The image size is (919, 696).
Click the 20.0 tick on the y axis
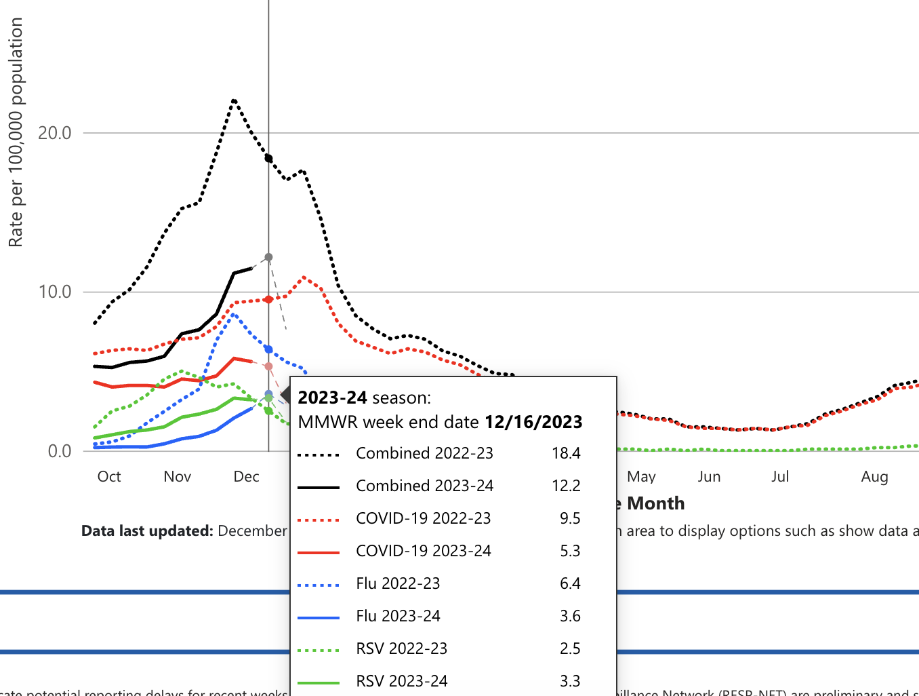[x=54, y=133]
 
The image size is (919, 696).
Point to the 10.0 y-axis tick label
[x=54, y=292]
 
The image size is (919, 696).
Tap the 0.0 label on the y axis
[x=59, y=451]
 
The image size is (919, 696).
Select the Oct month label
[x=109, y=477]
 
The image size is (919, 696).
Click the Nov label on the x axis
[x=178, y=477]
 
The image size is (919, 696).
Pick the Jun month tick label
[x=709, y=477]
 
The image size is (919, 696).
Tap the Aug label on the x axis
[x=874, y=477]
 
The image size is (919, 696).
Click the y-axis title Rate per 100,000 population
[x=16, y=132]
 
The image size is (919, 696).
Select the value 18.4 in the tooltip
[x=566, y=453]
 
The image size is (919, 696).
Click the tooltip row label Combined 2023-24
[x=424, y=486]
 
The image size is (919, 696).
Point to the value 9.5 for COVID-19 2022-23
[x=570, y=518]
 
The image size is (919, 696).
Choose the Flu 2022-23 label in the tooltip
[x=398, y=583]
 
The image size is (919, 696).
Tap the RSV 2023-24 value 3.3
[x=570, y=681]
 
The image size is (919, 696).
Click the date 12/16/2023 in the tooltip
[x=533, y=422]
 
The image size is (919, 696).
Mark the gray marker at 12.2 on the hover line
[x=268, y=257]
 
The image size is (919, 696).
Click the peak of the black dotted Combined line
[x=234, y=100]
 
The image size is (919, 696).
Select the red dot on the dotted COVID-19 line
[x=268, y=299]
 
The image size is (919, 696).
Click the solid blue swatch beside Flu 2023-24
[x=319, y=617]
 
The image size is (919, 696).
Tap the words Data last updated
[x=147, y=530]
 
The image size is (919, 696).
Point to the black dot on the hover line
[x=268, y=158]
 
